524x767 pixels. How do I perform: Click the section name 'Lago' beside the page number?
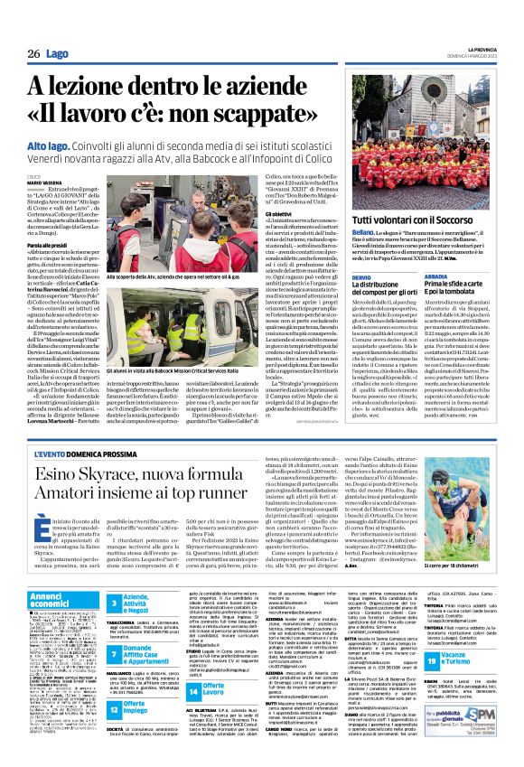[57, 55]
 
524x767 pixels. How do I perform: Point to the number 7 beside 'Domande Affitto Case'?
[115, 650]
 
